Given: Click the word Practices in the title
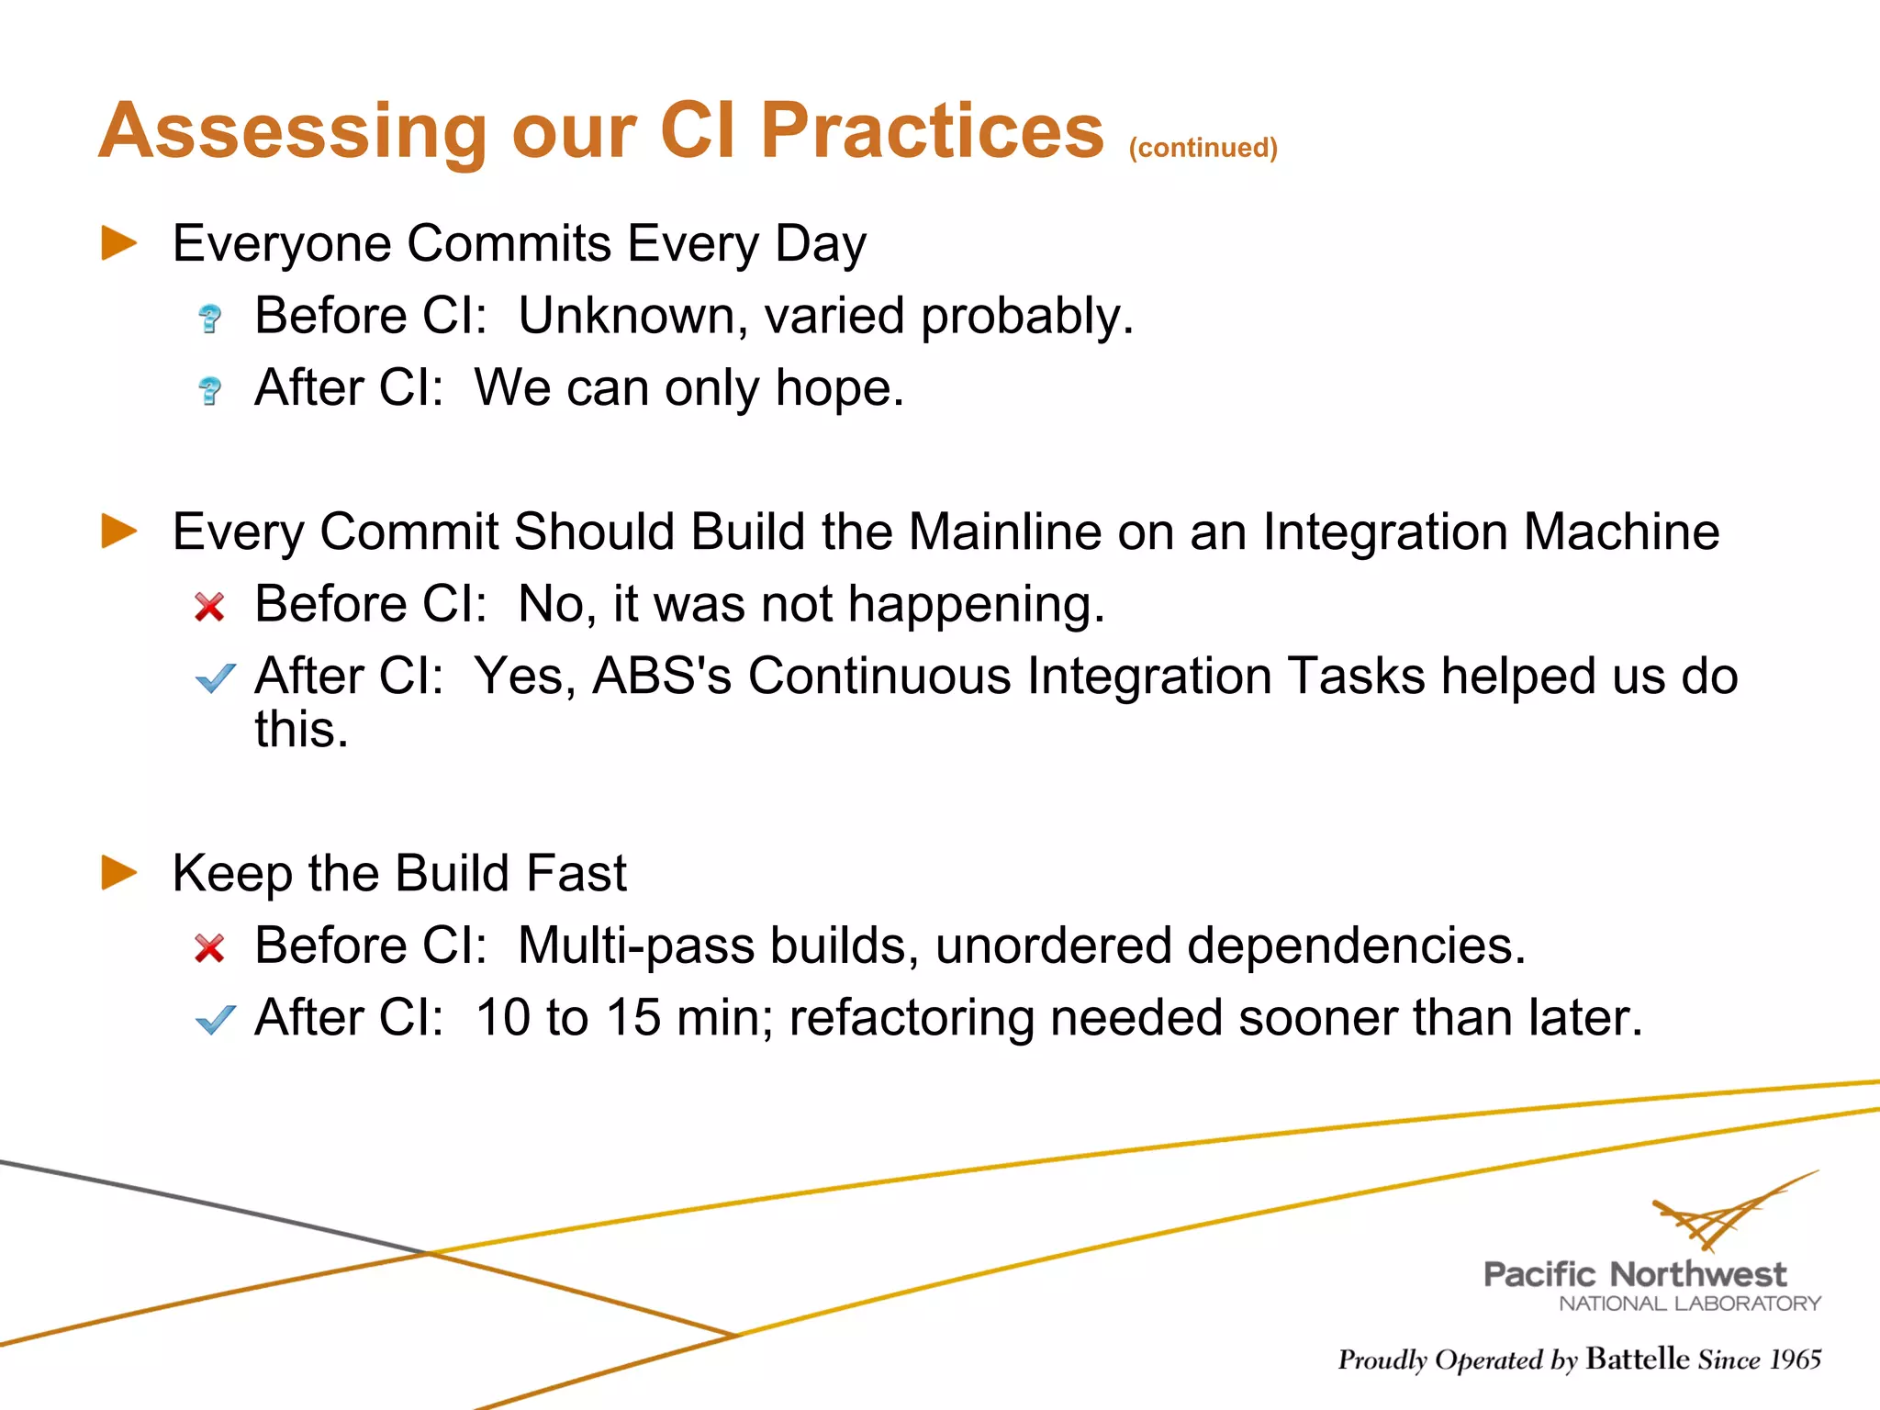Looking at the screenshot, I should click(x=932, y=130).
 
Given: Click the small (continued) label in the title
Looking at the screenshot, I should click(x=1203, y=148).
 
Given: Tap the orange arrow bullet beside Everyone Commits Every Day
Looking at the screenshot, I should click(x=119, y=243).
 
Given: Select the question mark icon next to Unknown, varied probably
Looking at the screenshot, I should click(x=210, y=318).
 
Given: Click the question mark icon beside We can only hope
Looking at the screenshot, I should click(x=210, y=390).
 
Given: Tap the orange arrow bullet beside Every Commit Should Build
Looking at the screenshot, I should click(x=119, y=532).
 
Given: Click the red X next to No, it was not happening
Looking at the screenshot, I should click(x=210, y=607).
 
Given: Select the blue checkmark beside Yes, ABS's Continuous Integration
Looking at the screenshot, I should click(x=216, y=678).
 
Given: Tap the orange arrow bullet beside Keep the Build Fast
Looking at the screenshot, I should click(x=119, y=873).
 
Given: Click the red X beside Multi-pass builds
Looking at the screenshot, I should click(x=210, y=948).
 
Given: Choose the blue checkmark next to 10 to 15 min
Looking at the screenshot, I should click(x=216, y=1019).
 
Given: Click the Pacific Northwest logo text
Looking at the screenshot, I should click(x=1635, y=1274).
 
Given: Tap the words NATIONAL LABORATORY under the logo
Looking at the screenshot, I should click(x=1689, y=1304).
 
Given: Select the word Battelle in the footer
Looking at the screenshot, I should click(x=1637, y=1359).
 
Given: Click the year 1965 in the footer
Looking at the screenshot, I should click(x=1796, y=1360).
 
